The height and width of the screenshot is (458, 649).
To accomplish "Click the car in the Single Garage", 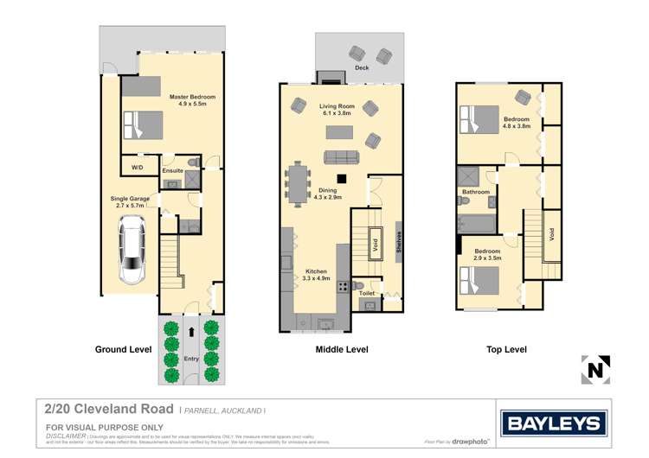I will [x=132, y=251].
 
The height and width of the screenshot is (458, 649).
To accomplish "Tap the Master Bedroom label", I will [x=191, y=100].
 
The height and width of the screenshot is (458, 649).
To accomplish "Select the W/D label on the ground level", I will [x=137, y=167].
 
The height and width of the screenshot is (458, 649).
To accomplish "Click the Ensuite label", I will [x=173, y=171].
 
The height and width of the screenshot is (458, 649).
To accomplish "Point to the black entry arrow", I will [x=191, y=329].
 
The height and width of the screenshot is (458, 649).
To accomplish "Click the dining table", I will [x=301, y=183].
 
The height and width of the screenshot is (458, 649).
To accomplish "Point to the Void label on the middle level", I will [x=375, y=244].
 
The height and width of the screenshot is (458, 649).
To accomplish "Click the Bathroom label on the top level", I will [x=476, y=192].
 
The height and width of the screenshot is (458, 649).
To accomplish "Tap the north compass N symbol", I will [x=595, y=370].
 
